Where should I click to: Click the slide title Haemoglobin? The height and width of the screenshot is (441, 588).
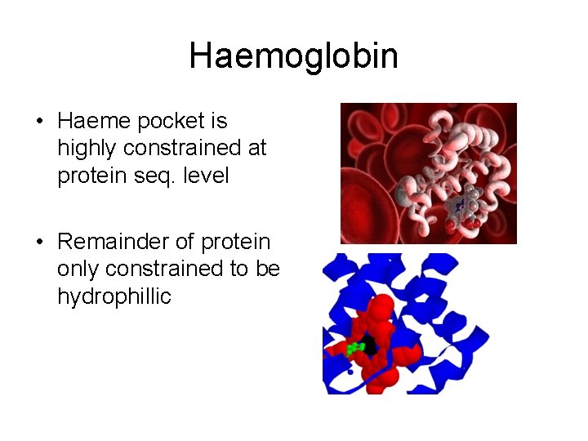[x=293, y=56]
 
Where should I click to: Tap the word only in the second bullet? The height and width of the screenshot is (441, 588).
[x=77, y=269]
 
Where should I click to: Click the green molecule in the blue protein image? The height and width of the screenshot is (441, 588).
[x=355, y=349]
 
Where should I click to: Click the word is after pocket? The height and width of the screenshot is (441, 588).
[x=219, y=122]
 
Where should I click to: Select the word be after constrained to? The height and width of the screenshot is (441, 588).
[x=268, y=269]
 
